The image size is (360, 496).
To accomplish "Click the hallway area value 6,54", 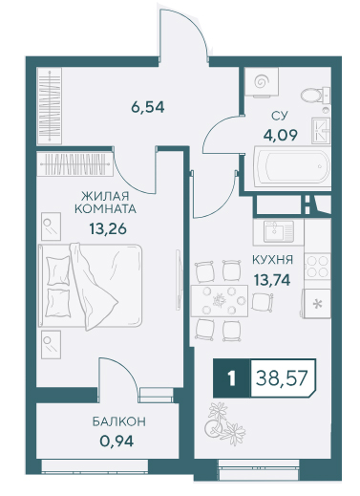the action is [x=147, y=107].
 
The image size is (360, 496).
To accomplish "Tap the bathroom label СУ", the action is [x=279, y=116].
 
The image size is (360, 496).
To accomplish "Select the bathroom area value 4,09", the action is [x=280, y=135].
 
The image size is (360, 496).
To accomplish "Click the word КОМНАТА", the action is [x=105, y=209].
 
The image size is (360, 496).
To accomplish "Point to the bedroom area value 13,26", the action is [x=108, y=228].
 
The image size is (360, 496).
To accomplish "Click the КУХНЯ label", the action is [x=272, y=260].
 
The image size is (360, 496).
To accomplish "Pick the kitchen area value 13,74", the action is [x=272, y=280].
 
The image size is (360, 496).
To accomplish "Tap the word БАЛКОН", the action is [x=119, y=421].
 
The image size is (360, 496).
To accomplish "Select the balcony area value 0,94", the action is [x=116, y=442].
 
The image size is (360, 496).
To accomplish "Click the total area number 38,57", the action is [x=282, y=378].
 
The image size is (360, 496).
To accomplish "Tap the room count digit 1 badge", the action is [x=232, y=378].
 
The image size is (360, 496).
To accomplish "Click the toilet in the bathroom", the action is [x=315, y=95].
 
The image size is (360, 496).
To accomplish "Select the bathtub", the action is [x=292, y=166].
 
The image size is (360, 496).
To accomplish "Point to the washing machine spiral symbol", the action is [x=262, y=82].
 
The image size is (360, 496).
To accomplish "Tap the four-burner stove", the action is [x=317, y=267].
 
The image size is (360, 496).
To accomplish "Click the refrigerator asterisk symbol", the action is [x=317, y=304].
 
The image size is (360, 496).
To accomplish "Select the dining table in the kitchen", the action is [x=220, y=301].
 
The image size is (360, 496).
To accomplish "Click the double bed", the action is [x=90, y=286].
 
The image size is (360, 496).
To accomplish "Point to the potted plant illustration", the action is [x=225, y=423].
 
